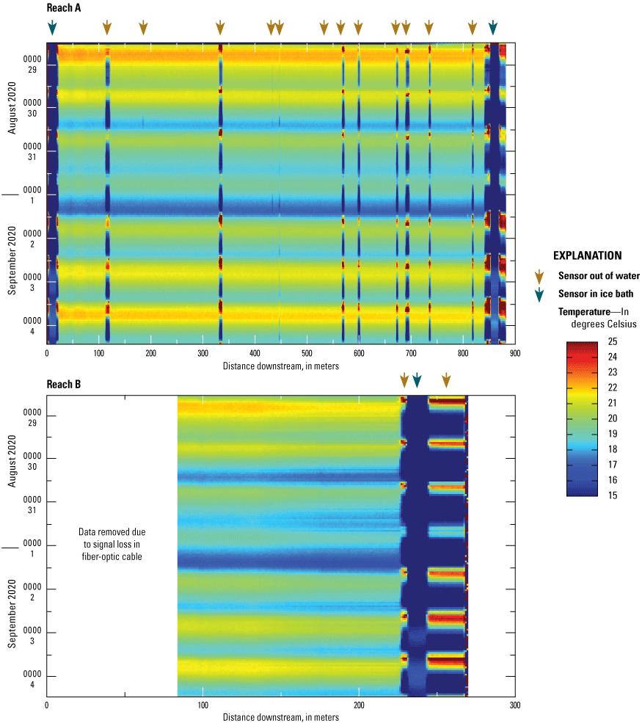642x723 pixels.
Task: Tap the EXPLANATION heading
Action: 588,256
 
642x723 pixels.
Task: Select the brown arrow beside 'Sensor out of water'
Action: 540,276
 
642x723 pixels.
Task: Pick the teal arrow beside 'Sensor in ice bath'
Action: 540,294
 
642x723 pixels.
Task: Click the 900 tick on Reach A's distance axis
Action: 515,352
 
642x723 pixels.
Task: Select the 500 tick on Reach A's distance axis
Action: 307,352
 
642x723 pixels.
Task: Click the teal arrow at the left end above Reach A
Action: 51,28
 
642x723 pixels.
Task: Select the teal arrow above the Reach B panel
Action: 417,380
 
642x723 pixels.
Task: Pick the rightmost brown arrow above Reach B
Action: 446,380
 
